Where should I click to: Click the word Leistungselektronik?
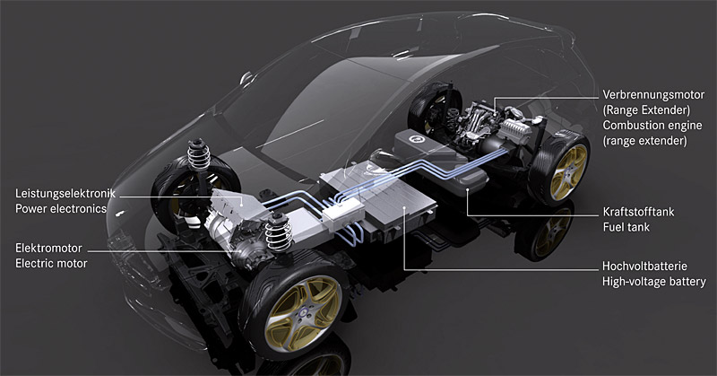coord(65,194)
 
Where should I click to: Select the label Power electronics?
coord(61,209)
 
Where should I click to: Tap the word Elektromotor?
coord(48,249)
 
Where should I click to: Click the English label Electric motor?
coord(51,264)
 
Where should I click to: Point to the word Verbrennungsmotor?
coord(653,95)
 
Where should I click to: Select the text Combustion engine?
coord(652,125)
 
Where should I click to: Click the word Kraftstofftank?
coord(638,212)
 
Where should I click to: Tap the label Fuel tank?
coord(626,227)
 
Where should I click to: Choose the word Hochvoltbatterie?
coord(644,267)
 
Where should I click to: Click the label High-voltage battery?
coord(654,281)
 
